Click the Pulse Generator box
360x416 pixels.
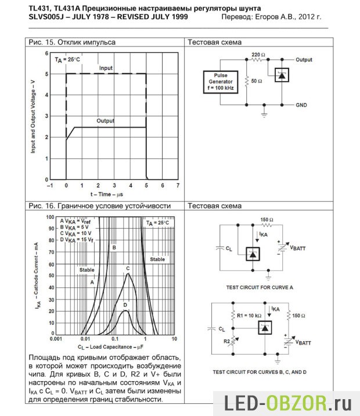[221, 82]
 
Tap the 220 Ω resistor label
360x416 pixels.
[258, 54]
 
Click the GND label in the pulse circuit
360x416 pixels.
[302, 105]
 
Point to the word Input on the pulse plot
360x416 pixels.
[106, 68]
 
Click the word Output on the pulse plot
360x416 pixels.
[106, 121]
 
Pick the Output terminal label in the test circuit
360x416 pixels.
[304, 60]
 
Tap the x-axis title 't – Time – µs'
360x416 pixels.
[107, 194]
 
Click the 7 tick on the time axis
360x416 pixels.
[178, 186]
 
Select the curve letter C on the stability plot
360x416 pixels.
[128, 269]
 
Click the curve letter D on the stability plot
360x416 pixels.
[124, 305]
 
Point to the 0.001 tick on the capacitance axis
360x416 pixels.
[56, 337]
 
